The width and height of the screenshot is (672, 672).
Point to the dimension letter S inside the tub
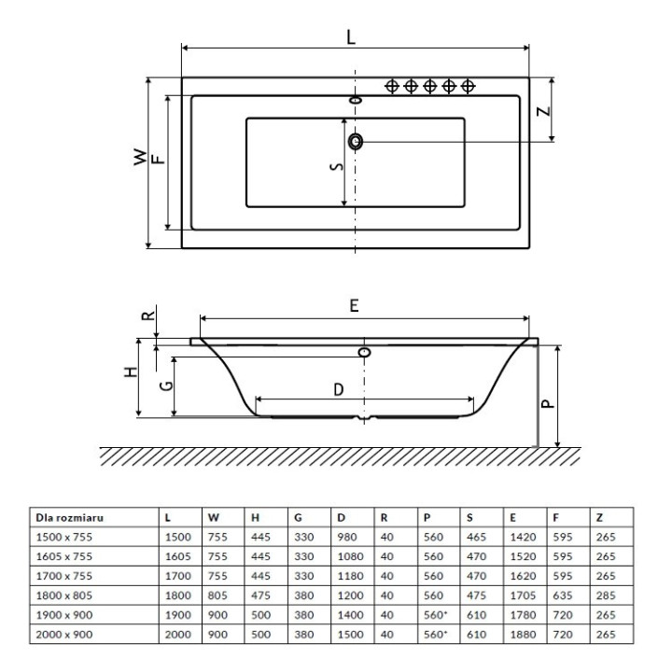pyautogui.click(x=338, y=166)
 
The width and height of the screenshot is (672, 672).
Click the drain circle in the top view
pyautogui.click(x=356, y=141)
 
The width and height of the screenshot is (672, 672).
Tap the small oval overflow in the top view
pyautogui.click(x=356, y=100)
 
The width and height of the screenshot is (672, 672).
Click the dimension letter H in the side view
pyautogui.click(x=131, y=371)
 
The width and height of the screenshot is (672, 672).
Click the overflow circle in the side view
pyautogui.click(x=364, y=353)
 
